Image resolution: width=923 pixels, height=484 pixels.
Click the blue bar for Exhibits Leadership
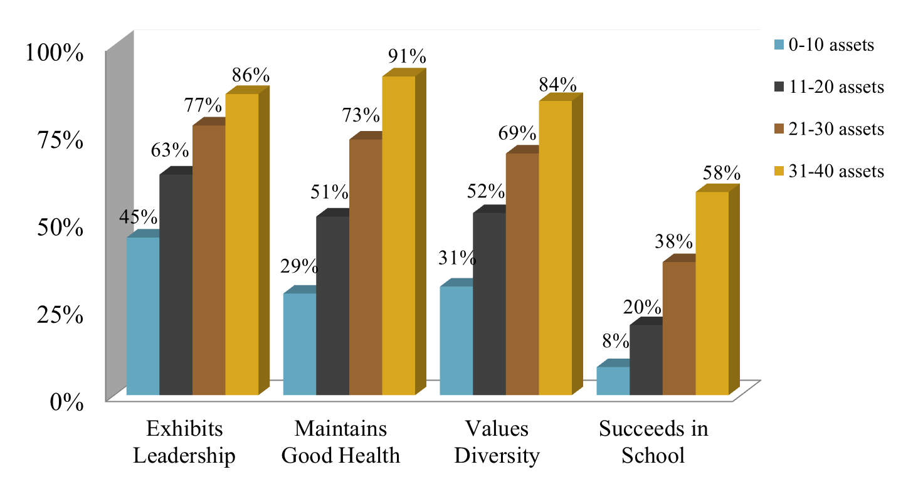point(143,317)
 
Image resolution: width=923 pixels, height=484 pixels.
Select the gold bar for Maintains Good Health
point(398,236)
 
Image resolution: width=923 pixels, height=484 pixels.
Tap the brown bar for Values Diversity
point(522,275)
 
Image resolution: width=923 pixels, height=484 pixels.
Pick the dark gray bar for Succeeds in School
point(646,360)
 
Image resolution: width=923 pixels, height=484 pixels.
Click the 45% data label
point(138,217)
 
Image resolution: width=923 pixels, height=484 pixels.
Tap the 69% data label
point(518,134)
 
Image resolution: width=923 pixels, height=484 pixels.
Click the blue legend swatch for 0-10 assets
point(779,45)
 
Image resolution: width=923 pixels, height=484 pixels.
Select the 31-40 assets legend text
point(836,171)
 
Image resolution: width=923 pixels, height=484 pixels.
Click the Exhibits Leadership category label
point(184,443)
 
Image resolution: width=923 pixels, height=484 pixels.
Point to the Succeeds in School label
point(653,443)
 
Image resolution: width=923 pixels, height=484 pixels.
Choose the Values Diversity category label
point(497,443)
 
